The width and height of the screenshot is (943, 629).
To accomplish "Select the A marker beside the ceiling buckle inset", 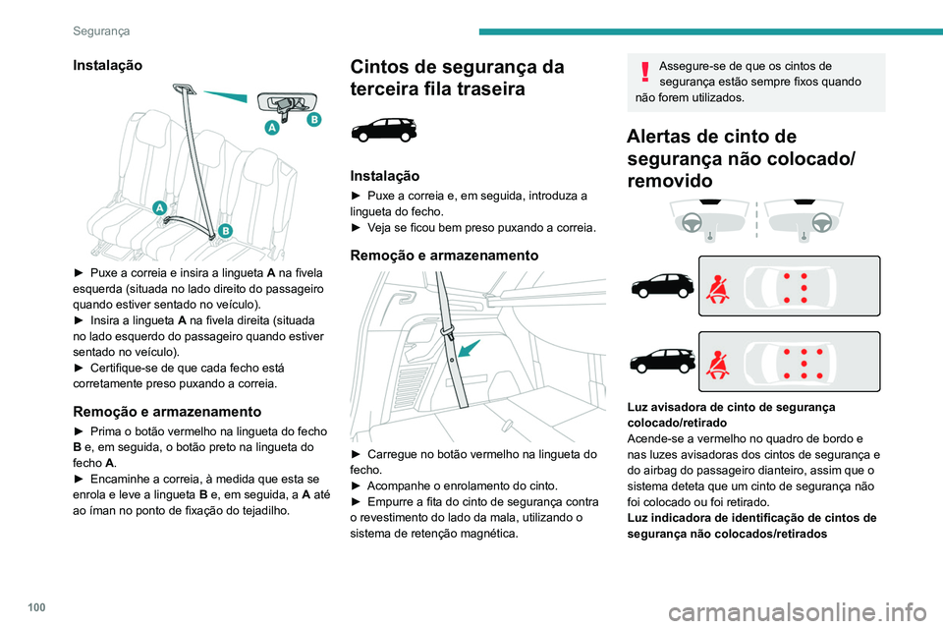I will point(271,128).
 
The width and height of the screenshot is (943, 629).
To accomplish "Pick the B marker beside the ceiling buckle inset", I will point(313,119).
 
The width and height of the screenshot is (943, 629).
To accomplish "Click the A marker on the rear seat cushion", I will point(158,207).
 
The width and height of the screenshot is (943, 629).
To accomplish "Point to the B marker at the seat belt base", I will point(225,231).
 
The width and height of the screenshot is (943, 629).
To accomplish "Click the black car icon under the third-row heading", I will point(383,129).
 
